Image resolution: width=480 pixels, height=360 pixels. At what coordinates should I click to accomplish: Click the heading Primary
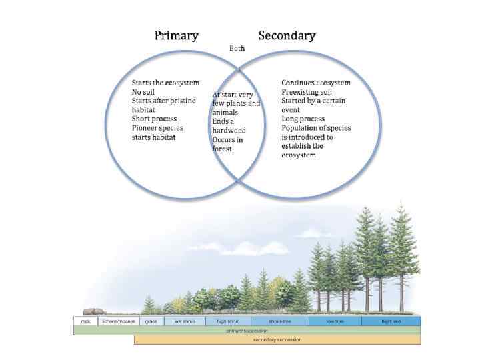(x=176, y=35)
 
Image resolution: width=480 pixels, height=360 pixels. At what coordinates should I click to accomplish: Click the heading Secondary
(x=287, y=35)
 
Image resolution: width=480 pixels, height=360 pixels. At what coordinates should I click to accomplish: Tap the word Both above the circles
(x=237, y=49)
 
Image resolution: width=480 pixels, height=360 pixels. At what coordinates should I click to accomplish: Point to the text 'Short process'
(x=155, y=119)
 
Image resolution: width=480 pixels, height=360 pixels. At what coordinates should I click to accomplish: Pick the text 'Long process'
(x=303, y=119)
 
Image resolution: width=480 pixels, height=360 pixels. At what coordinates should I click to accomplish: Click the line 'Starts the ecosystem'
(x=165, y=83)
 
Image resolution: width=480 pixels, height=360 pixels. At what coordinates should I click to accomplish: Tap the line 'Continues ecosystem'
(x=316, y=83)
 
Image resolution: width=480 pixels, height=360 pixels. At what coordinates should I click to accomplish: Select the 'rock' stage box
(x=85, y=321)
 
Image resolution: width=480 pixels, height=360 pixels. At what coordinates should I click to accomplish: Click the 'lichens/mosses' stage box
(x=119, y=321)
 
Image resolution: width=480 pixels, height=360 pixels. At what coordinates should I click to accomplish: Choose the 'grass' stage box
(x=151, y=321)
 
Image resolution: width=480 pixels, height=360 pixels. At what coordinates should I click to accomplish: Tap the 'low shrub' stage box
(x=185, y=321)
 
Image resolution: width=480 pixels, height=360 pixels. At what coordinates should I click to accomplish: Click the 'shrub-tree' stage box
(x=280, y=321)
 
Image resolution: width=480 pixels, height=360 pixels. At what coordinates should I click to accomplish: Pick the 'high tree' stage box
(x=391, y=321)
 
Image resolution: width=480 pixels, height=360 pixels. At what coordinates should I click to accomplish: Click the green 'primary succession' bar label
(x=247, y=330)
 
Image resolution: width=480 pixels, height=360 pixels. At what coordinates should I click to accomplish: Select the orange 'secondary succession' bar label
(x=277, y=339)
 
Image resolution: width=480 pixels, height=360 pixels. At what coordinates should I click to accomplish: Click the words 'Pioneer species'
(x=157, y=127)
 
